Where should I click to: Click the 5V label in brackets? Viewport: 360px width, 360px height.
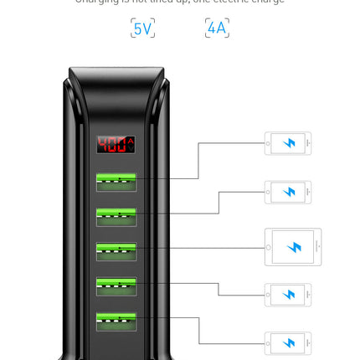point(142,28)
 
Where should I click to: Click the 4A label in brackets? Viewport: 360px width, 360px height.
point(217,28)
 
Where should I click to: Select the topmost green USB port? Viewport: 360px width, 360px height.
point(116,181)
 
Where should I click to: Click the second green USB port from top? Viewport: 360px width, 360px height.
point(116,216)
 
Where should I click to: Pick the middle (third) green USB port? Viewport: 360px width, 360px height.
point(116,251)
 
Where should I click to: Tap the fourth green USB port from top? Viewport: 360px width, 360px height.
point(116,285)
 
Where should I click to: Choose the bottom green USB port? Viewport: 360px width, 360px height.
point(116,321)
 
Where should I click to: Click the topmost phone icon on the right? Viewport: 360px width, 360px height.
point(288,143)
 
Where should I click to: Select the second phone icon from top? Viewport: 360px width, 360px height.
point(288,192)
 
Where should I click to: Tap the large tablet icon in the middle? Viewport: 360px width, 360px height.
point(292,247)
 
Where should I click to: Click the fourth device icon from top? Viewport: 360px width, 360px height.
point(288,295)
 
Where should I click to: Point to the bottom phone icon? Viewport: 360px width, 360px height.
point(288,343)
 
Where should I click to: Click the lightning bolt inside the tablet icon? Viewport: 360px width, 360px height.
point(294,247)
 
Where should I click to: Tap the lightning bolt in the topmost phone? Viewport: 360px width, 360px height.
point(290,143)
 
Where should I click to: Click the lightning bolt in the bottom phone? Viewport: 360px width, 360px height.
point(290,343)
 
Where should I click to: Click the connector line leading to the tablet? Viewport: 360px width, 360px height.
point(201,248)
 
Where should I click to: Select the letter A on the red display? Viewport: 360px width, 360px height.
point(131,144)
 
